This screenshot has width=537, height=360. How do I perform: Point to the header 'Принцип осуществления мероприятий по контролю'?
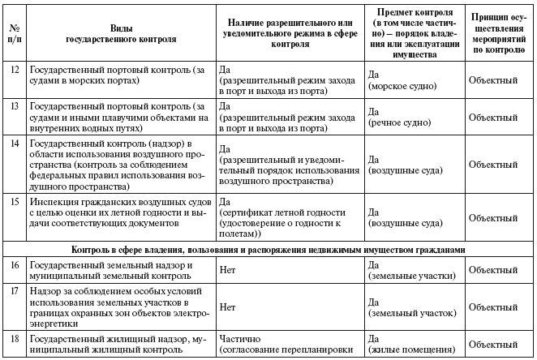click(x=500, y=32)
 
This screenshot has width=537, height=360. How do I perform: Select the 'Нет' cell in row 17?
click(x=228, y=306)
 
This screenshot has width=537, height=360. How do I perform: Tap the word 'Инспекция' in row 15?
click(x=54, y=201)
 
